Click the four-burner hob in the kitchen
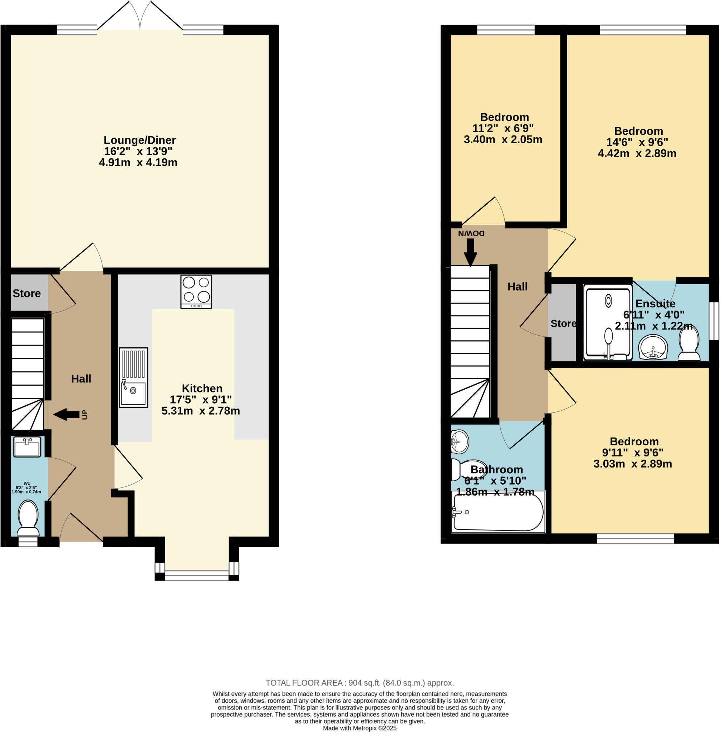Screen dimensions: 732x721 click(x=196, y=292)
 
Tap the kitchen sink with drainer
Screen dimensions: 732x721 click(x=133, y=377)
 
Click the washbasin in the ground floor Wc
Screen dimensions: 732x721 click(x=27, y=447)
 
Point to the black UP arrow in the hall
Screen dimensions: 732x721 click(x=67, y=415)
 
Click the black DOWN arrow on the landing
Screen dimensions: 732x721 click(x=470, y=252)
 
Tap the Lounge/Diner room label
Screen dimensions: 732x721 click(x=140, y=140)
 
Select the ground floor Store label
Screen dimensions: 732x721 click(x=26, y=293)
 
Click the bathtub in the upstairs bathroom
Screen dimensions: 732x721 click(x=498, y=512)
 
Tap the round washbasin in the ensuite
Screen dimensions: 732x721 click(x=653, y=347)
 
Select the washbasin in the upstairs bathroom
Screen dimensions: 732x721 click(x=459, y=441)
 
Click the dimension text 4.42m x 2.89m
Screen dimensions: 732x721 click(x=637, y=153)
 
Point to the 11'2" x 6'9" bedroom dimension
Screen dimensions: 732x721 click(x=503, y=128)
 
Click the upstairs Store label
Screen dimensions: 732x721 click(x=563, y=323)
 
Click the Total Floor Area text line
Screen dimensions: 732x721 click(x=359, y=683)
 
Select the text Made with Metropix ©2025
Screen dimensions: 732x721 click(x=359, y=728)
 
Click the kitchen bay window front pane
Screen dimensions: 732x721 click(x=197, y=578)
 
